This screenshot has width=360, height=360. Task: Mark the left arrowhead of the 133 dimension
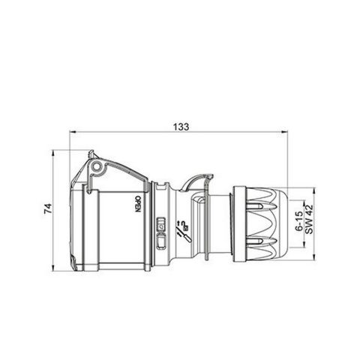coord(72,130)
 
